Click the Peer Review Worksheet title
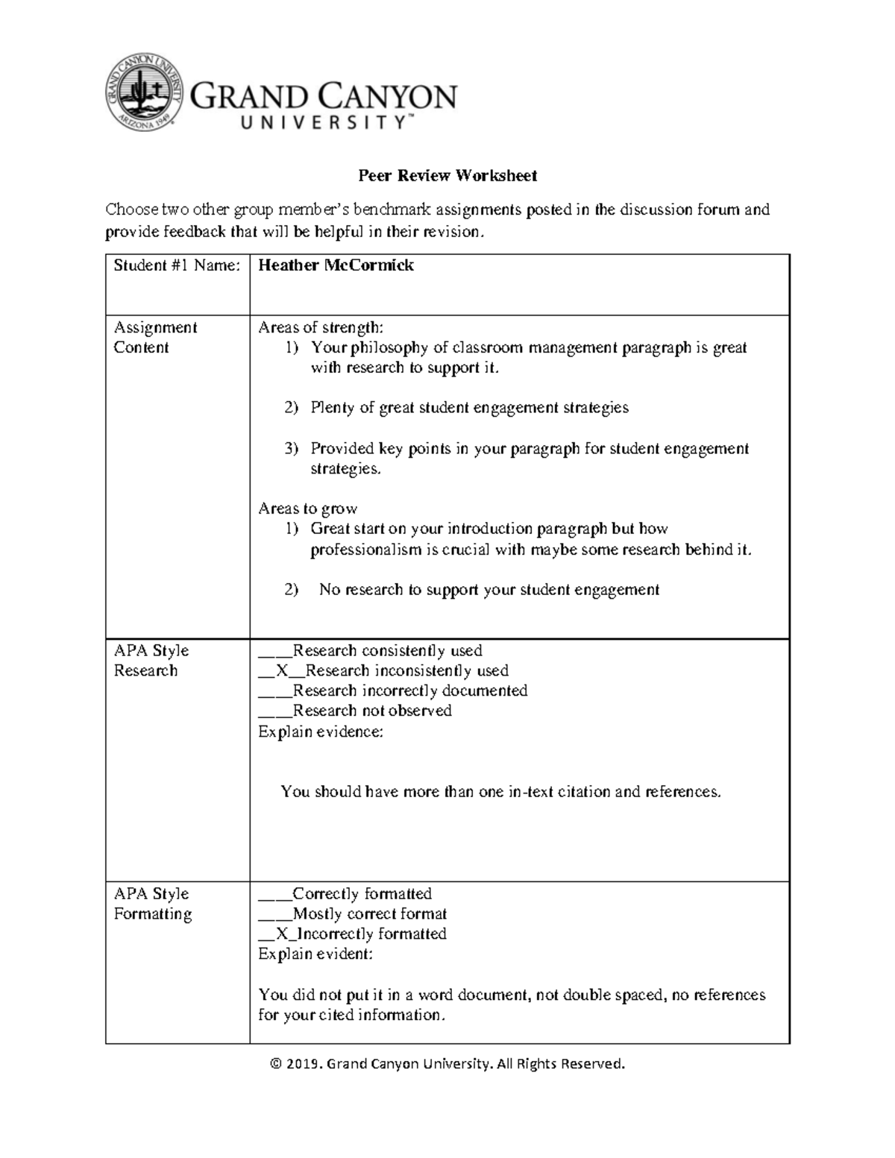[x=447, y=176]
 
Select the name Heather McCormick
[x=336, y=266]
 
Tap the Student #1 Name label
[x=177, y=266]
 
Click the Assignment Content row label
[x=155, y=338]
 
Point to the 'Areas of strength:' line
[x=321, y=327]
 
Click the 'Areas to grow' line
[x=307, y=509]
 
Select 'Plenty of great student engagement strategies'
[x=469, y=408]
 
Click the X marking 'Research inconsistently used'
[x=282, y=671]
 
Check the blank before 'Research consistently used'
[x=274, y=651]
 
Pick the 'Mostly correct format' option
[x=369, y=914]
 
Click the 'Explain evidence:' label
[x=321, y=732]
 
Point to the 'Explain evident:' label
[x=315, y=954]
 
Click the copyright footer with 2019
[x=447, y=1064]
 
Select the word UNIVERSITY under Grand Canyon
[x=324, y=124]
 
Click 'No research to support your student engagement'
[x=489, y=590]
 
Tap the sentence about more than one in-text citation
[x=500, y=792]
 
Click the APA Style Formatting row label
[x=153, y=904]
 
